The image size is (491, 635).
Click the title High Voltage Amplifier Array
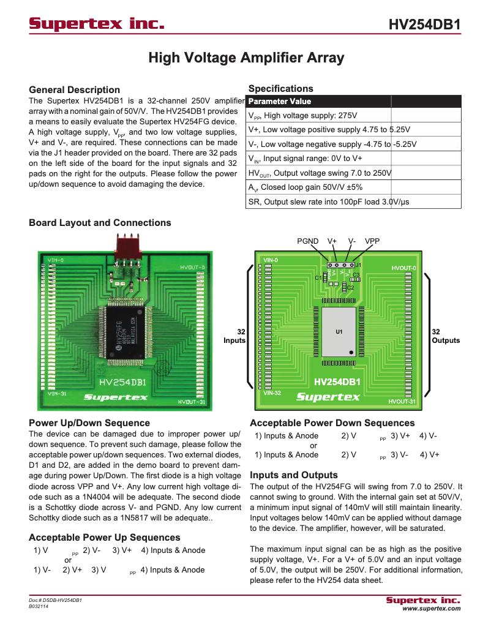[246, 58]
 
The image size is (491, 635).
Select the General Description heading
[75, 89]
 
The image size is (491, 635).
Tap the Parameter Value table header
[280, 102]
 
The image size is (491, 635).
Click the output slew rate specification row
[328, 202]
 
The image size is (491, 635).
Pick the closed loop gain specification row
[314, 187]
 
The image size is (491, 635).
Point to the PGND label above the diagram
[308, 241]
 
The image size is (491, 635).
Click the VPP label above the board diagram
[372, 241]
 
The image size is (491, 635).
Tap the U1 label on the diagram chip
[339, 332]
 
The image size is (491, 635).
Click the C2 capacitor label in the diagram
[351, 287]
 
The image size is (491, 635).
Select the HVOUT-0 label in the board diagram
[403, 268]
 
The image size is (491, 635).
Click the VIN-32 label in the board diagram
[272, 393]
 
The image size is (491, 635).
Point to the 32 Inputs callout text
[234, 336]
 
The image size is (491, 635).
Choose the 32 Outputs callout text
[446, 336]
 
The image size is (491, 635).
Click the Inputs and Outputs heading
[293, 475]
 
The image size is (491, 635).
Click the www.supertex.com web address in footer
[431, 609]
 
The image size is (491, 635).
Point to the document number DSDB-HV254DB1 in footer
[55, 600]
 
